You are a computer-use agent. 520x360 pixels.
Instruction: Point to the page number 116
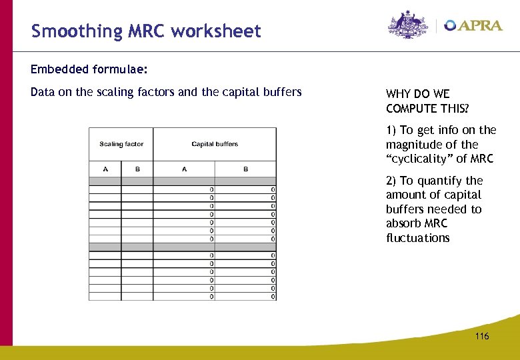(x=482, y=336)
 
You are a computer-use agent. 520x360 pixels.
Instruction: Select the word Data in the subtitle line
(x=43, y=92)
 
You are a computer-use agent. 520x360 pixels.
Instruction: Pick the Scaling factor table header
(x=121, y=144)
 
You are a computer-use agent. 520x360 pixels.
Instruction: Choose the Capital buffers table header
(x=215, y=144)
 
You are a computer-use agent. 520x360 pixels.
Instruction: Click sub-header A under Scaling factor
(x=105, y=169)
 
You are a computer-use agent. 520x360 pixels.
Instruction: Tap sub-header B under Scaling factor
(x=137, y=169)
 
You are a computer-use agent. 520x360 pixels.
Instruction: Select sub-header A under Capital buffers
(x=184, y=169)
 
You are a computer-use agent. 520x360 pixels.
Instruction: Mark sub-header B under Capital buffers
(x=245, y=169)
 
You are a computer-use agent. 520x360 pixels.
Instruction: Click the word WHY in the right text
(x=398, y=94)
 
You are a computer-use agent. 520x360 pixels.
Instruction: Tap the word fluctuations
(x=418, y=238)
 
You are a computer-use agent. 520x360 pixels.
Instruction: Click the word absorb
(x=404, y=223)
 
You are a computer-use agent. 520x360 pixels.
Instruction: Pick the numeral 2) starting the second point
(x=391, y=181)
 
